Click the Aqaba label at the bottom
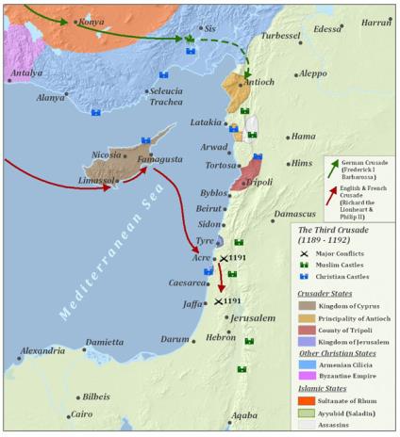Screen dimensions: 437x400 [244, 414]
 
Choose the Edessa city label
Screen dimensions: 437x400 [328, 28]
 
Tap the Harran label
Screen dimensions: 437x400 [375, 21]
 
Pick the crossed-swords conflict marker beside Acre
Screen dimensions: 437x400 [224, 257]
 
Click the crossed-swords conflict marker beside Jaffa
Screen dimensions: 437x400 [219, 301]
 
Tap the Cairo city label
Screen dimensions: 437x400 [81, 413]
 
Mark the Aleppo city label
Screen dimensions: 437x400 [312, 73]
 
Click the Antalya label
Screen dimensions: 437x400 [26, 72]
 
